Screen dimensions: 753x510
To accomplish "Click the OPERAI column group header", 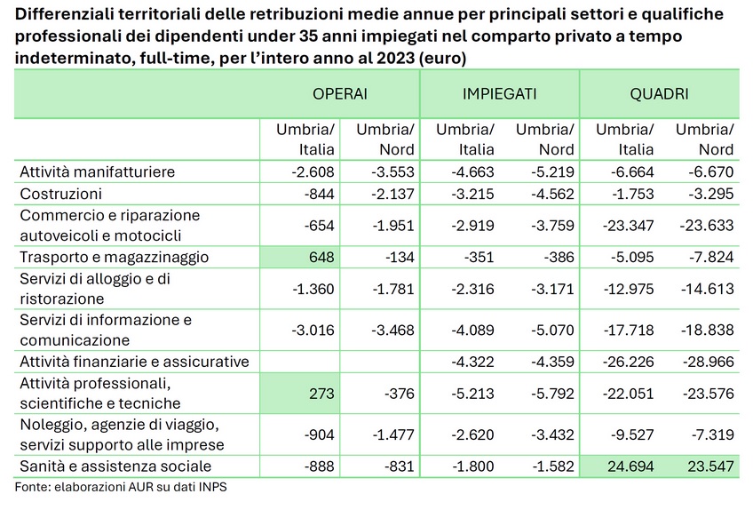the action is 340,93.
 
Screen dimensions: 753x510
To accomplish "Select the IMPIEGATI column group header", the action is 499,93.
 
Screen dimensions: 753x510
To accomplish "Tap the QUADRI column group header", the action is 660,93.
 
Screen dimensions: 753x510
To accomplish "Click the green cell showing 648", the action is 299,257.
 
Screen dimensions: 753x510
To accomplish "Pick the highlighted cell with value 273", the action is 299,394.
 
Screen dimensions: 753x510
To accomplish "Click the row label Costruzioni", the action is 61,194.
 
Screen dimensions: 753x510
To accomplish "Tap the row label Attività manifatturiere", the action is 98,171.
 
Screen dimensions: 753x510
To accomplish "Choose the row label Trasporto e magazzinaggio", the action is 115,257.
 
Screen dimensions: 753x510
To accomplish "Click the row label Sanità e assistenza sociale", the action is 115,466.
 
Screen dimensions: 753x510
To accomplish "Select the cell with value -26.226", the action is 628,362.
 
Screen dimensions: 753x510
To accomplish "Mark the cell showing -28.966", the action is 709,362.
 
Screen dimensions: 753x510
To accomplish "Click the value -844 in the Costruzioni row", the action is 320,194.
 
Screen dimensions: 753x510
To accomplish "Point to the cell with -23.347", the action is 628,226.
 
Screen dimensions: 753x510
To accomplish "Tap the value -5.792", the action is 552,394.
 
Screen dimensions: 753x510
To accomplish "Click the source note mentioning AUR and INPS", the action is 121,487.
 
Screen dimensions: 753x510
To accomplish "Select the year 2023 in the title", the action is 396,58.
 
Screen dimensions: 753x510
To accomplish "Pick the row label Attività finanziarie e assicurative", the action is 134,362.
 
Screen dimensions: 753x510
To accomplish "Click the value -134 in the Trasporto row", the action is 400,257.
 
